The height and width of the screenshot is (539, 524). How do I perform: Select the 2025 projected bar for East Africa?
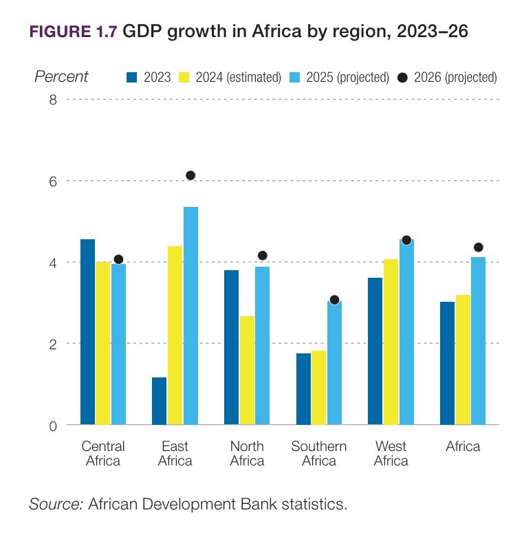click(x=190, y=316)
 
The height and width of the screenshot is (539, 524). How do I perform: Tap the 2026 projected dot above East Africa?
click(x=190, y=175)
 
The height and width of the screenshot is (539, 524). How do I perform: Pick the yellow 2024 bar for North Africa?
click(x=247, y=371)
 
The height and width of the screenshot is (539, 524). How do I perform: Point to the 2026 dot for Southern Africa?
click(x=334, y=300)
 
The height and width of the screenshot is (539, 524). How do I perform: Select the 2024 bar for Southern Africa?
click(x=318, y=388)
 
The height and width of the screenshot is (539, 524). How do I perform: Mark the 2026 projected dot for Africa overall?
click(x=478, y=247)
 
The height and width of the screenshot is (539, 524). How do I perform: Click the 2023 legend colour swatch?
click(x=132, y=78)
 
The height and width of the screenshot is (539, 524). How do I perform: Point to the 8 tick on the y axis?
click(x=52, y=100)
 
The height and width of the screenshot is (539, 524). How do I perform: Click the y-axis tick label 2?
click(x=52, y=344)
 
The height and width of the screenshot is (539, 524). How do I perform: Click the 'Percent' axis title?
click(x=61, y=76)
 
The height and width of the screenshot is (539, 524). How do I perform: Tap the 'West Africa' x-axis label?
click(x=391, y=454)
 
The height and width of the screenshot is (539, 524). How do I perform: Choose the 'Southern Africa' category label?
click(x=318, y=454)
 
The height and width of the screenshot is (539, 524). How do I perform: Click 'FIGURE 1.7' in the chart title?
click(x=72, y=32)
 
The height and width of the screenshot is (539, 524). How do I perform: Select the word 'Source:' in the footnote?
click(x=56, y=505)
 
